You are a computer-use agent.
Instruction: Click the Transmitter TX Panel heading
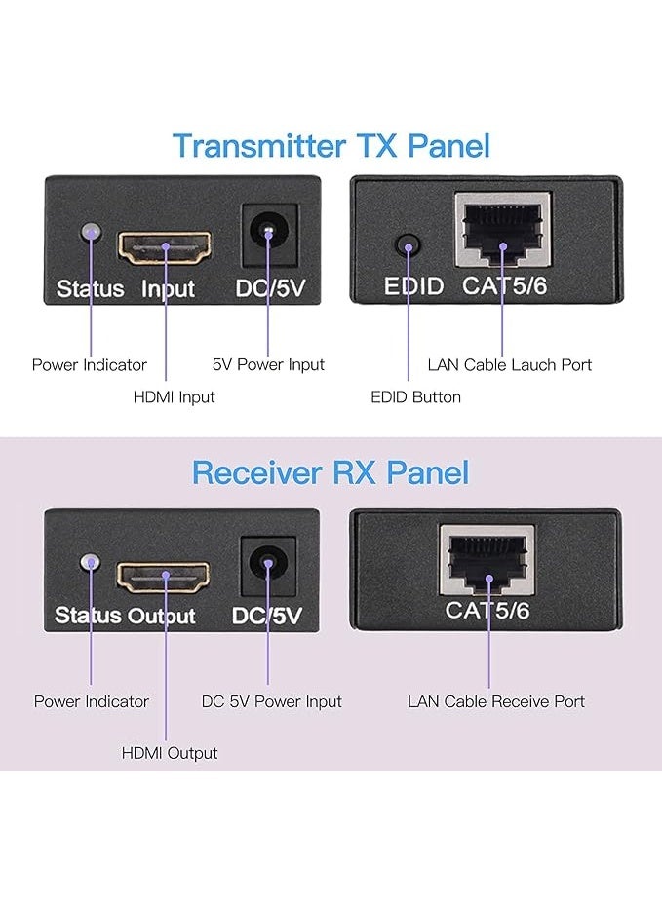click(x=331, y=145)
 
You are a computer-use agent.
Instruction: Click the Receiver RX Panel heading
click(x=330, y=472)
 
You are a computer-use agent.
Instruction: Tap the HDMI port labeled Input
click(x=165, y=247)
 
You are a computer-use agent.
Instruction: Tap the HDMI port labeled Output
click(x=165, y=577)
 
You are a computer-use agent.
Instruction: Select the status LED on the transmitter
click(x=91, y=232)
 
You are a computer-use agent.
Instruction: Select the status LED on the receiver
click(x=91, y=563)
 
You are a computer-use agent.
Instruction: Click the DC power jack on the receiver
click(x=267, y=563)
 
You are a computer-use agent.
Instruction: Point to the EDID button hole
click(x=408, y=244)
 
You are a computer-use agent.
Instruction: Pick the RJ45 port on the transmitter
click(x=502, y=231)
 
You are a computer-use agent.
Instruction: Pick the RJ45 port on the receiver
click(x=487, y=561)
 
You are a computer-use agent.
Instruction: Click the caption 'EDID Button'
click(x=415, y=396)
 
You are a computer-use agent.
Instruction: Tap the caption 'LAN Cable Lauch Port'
click(x=509, y=365)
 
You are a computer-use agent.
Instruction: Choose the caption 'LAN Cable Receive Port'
click(x=495, y=701)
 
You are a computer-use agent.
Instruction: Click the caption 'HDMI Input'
click(x=174, y=396)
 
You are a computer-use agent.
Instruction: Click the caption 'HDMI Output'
click(x=170, y=753)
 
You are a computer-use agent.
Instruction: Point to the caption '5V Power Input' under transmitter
click(x=268, y=365)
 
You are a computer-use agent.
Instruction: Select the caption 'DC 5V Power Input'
click(x=271, y=701)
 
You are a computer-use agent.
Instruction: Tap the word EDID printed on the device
click(x=413, y=286)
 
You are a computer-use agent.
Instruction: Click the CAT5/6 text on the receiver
click(x=487, y=611)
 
